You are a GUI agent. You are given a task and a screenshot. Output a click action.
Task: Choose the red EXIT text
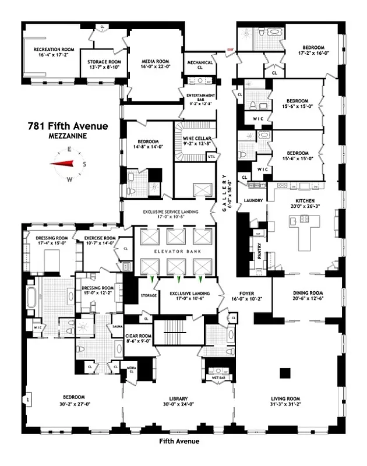[230, 50]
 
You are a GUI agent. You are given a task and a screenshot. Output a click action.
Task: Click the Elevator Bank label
[173, 251]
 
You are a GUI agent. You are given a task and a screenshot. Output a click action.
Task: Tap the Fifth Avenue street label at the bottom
[179, 441]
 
